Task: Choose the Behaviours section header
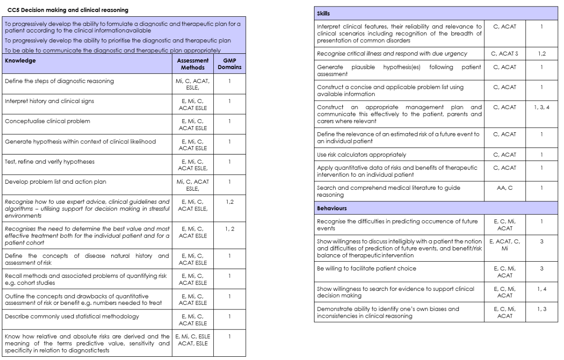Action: tap(333, 209)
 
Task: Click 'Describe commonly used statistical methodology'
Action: tap(71, 317)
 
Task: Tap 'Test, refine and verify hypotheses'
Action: tap(46, 162)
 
